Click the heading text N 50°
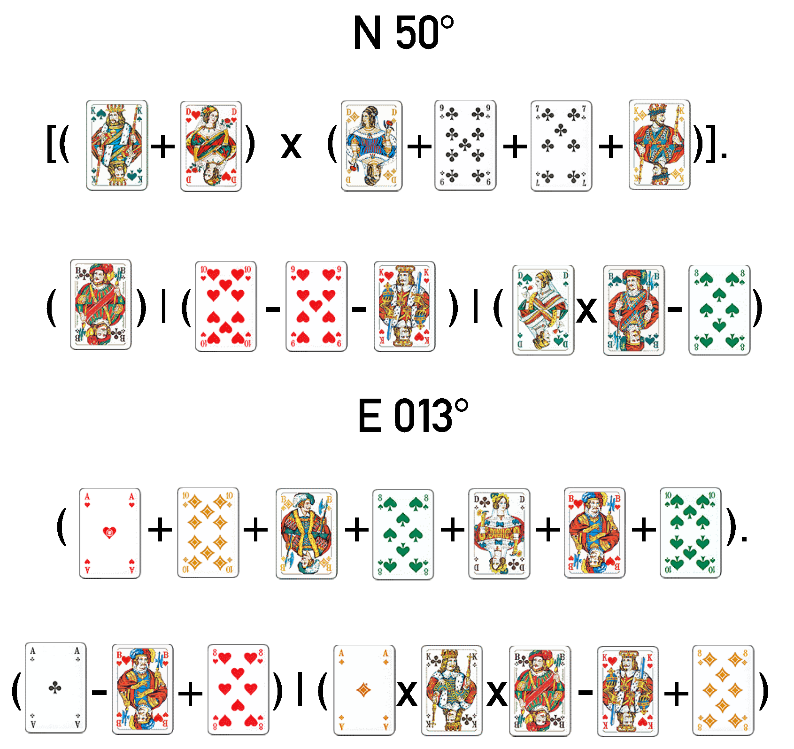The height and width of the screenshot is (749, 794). pyautogui.click(x=403, y=33)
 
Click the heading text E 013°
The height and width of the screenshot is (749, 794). pyautogui.click(x=412, y=416)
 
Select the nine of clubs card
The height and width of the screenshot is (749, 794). pyautogui.click(x=465, y=145)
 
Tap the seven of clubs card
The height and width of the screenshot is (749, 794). pyautogui.click(x=561, y=145)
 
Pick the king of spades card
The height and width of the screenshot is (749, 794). pyautogui.click(x=116, y=145)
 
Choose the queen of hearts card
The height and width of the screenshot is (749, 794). pyautogui.click(x=211, y=146)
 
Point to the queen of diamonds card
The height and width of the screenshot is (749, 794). pyautogui.click(x=371, y=146)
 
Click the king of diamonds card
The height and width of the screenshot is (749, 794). pyautogui.click(x=659, y=145)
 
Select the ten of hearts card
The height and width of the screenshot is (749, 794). pyautogui.click(x=225, y=306)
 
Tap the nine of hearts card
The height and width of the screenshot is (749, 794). pyautogui.click(x=316, y=306)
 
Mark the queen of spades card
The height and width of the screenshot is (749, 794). pyautogui.click(x=543, y=310)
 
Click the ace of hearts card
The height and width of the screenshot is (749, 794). pyautogui.click(x=109, y=533)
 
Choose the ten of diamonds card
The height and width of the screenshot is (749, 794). pyautogui.click(x=208, y=533)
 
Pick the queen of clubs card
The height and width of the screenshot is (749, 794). pyautogui.click(x=499, y=533)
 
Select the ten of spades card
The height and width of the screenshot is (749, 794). pyautogui.click(x=690, y=533)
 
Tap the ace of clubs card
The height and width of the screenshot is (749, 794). pyautogui.click(x=55, y=688)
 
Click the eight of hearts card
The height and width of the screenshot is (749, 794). pyautogui.click(x=238, y=689)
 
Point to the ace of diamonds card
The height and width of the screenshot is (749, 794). pyautogui.click(x=364, y=690)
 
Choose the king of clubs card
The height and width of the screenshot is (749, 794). pyautogui.click(x=452, y=690)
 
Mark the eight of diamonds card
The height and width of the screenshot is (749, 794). pyautogui.click(x=722, y=690)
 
